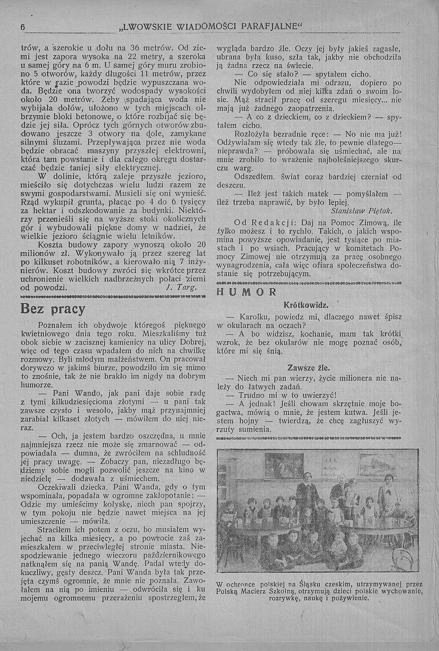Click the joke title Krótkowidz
point(305,306)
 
